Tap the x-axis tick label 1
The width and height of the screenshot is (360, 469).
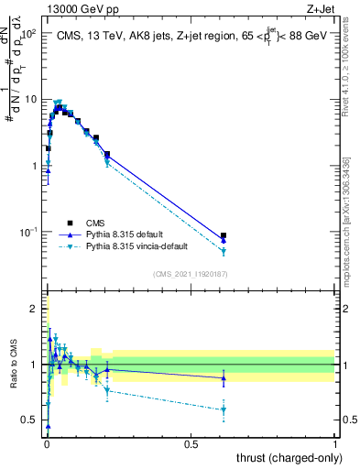(x=336, y=443)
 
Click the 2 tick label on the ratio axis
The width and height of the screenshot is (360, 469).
(x=34, y=309)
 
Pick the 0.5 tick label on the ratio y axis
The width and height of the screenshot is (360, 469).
(x=29, y=420)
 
